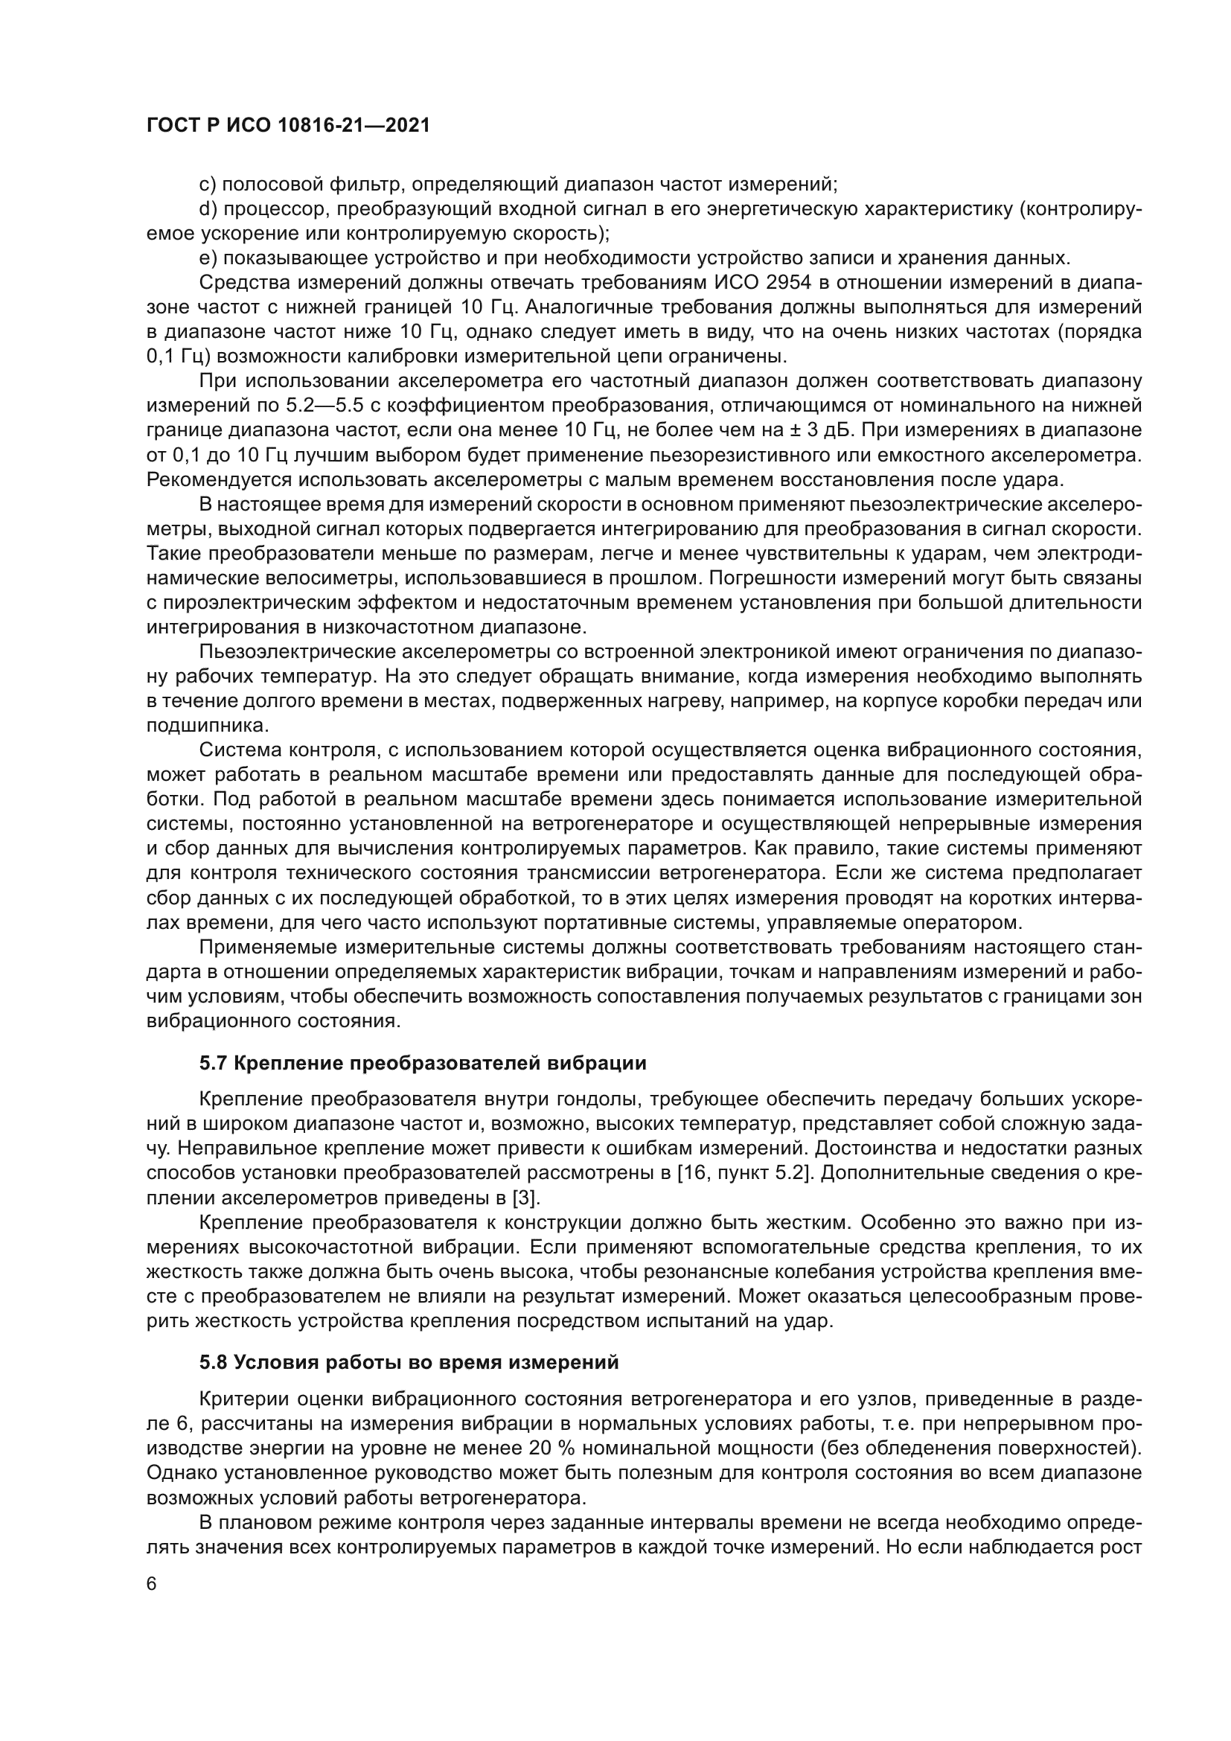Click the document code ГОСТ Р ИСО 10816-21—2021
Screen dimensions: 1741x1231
[288, 125]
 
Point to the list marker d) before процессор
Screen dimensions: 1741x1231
[208, 209]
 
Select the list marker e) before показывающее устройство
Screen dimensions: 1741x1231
[208, 258]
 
